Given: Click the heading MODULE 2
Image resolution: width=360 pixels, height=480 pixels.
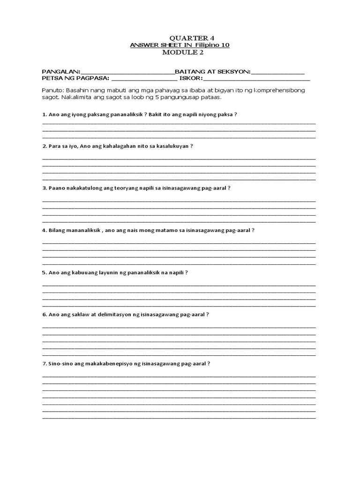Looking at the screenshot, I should (x=180, y=52).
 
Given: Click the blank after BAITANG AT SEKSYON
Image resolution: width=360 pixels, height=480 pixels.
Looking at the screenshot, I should (x=278, y=72).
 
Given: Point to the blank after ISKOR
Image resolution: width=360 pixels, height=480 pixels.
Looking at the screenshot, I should (x=255, y=79).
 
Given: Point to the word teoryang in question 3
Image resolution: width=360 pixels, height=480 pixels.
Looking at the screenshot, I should (x=124, y=188).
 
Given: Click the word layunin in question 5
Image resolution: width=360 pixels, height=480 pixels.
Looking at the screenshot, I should (x=108, y=272).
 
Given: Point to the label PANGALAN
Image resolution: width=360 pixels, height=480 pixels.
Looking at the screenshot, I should (x=60, y=72).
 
